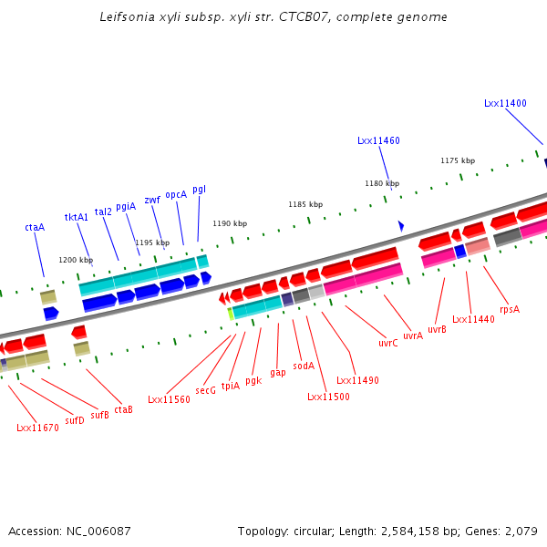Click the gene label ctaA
[x=35, y=227]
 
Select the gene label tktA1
[x=77, y=217]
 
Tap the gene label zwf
[x=152, y=200]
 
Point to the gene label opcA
[x=176, y=194]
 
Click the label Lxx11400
[x=505, y=104]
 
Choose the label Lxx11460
[x=378, y=140]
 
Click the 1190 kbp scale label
[x=230, y=223]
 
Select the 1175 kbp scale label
[x=457, y=160]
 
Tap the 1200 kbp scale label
[x=76, y=260]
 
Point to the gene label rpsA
[x=510, y=309]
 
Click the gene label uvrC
[x=388, y=344]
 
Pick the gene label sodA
[x=304, y=366]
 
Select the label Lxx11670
[x=37, y=427]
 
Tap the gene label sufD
[x=75, y=420]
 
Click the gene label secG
[x=205, y=390]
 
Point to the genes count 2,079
[x=521, y=531]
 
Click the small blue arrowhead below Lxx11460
[x=400, y=225]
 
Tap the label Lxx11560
[x=169, y=399]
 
